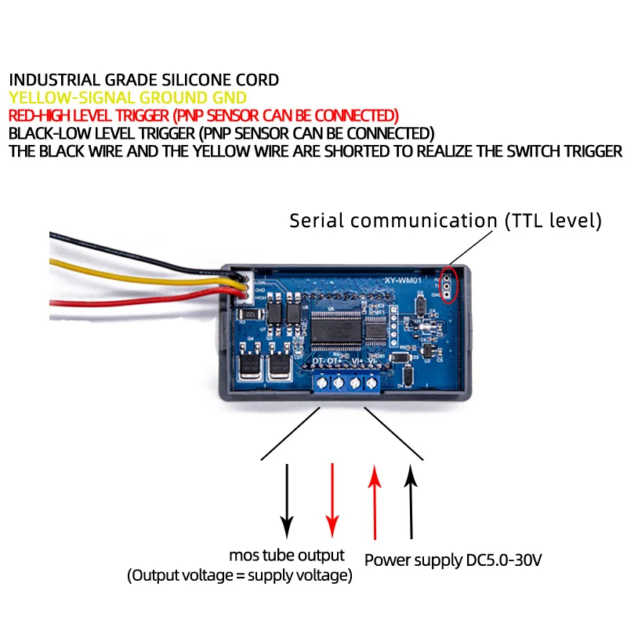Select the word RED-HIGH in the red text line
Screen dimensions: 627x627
38,115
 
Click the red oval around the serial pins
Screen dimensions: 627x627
448,285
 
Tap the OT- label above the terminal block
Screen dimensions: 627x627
320,361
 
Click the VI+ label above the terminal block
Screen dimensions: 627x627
357,361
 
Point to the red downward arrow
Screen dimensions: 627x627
332,498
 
